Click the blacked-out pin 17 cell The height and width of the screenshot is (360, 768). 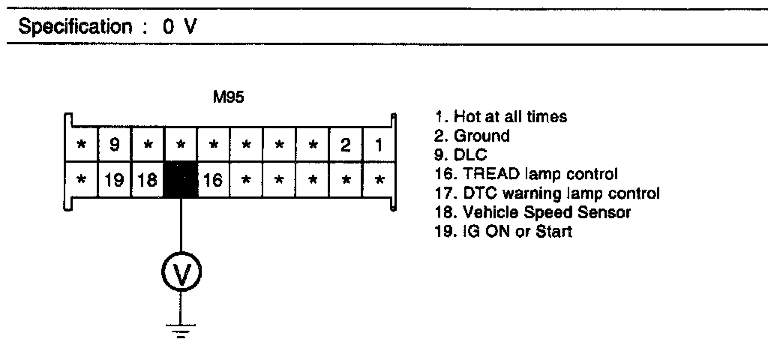pyautogui.click(x=181, y=181)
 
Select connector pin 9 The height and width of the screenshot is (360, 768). pyautogui.click(x=115, y=145)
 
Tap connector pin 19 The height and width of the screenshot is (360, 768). pyautogui.click(x=115, y=181)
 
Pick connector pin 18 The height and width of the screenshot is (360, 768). pyautogui.click(x=147, y=181)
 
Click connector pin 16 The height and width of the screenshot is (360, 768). pyautogui.click(x=214, y=181)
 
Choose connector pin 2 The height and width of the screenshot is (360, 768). pyautogui.click(x=345, y=145)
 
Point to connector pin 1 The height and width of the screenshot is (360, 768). pyautogui.click(x=379, y=145)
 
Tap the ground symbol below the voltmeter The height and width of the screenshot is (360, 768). pyautogui.click(x=181, y=328)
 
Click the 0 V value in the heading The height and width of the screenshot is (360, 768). pyautogui.click(x=179, y=28)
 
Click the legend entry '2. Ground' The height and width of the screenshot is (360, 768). pyautogui.click(x=472, y=136)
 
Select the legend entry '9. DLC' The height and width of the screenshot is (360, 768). pyautogui.click(x=461, y=155)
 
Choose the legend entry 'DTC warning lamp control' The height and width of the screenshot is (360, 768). pyautogui.click(x=547, y=193)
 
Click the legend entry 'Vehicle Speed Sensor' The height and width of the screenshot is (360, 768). pyautogui.click(x=533, y=213)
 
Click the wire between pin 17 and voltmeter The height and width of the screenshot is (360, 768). pyautogui.click(x=181, y=225)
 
